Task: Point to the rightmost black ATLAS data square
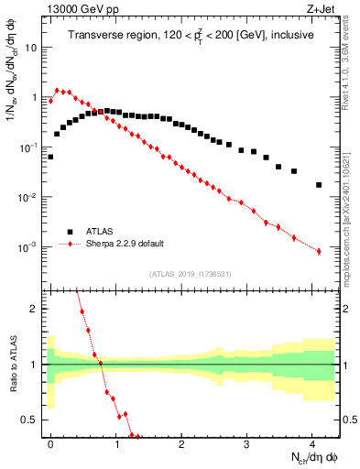pyautogui.click(x=319, y=185)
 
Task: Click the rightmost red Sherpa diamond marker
pyautogui.click(x=319, y=251)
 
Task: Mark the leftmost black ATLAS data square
pyautogui.click(x=50, y=157)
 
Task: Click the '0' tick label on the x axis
pyautogui.click(x=50, y=443)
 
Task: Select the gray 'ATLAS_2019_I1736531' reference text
pyautogui.click(x=190, y=274)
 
